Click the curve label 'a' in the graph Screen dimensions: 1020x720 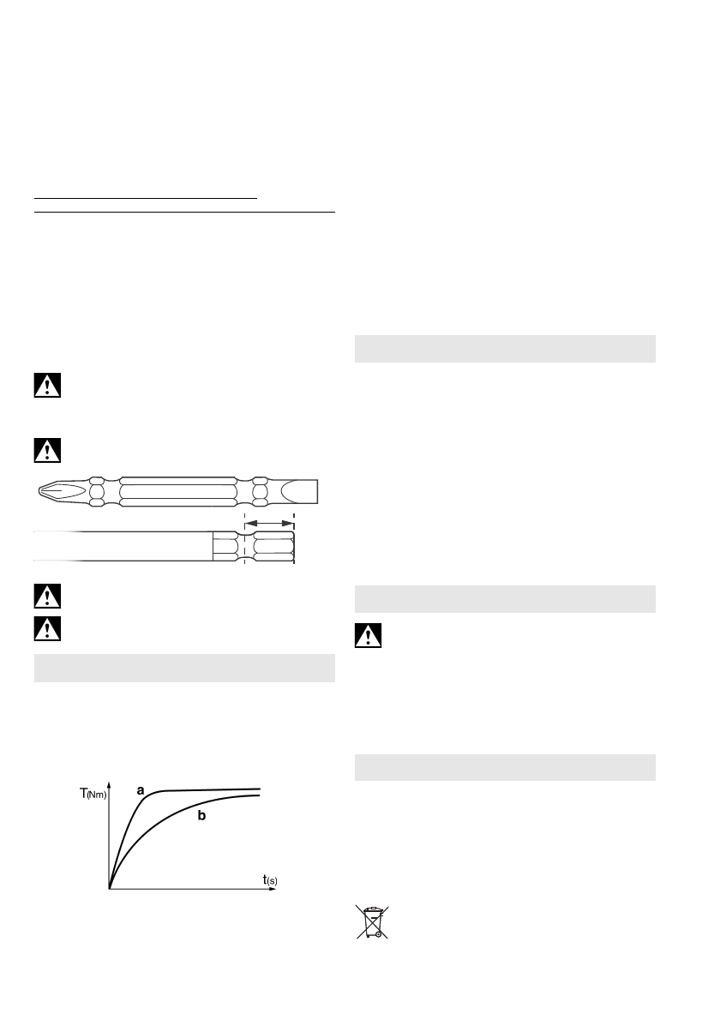pos(140,790)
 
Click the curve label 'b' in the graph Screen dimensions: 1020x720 pos(201,817)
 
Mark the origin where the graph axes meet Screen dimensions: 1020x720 pos(110,888)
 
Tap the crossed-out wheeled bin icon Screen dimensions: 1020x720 pos(371,921)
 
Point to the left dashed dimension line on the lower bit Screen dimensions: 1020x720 pos(245,540)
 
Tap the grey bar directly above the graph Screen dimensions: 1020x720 pos(183,669)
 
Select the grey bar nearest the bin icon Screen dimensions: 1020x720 pos(506,767)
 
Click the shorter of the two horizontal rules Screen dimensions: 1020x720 pos(146,197)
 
